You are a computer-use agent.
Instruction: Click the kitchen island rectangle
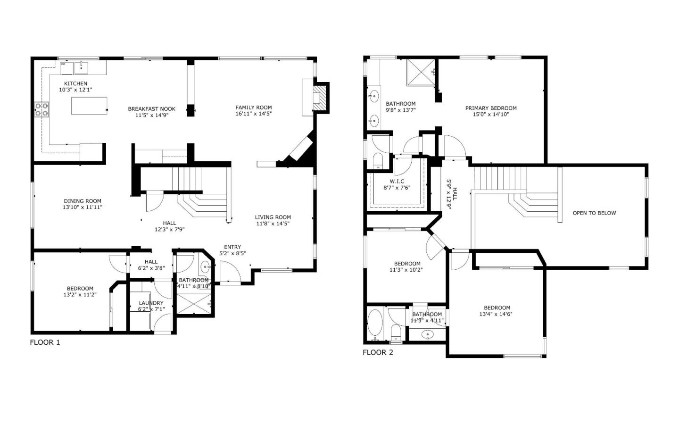click(x=89, y=105)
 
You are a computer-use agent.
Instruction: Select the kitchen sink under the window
click(x=82, y=68)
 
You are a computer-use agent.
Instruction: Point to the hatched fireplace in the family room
click(x=321, y=98)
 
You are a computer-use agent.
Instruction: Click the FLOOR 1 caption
click(x=45, y=342)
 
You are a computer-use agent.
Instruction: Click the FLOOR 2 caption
click(x=378, y=352)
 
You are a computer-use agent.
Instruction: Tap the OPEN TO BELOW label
click(x=594, y=213)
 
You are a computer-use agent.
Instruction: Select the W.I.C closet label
click(x=397, y=182)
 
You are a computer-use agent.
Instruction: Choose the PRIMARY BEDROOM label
click(x=491, y=108)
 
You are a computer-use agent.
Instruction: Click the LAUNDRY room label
click(x=151, y=303)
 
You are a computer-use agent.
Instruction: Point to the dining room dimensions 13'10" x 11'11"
click(x=83, y=207)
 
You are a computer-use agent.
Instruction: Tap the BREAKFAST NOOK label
click(x=151, y=108)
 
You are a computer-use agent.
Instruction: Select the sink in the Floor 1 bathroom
click(x=206, y=267)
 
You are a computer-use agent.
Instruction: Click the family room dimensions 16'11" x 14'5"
click(x=254, y=114)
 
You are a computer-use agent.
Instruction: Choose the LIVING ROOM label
click(x=273, y=217)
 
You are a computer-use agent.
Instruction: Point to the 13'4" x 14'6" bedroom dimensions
click(x=496, y=314)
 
